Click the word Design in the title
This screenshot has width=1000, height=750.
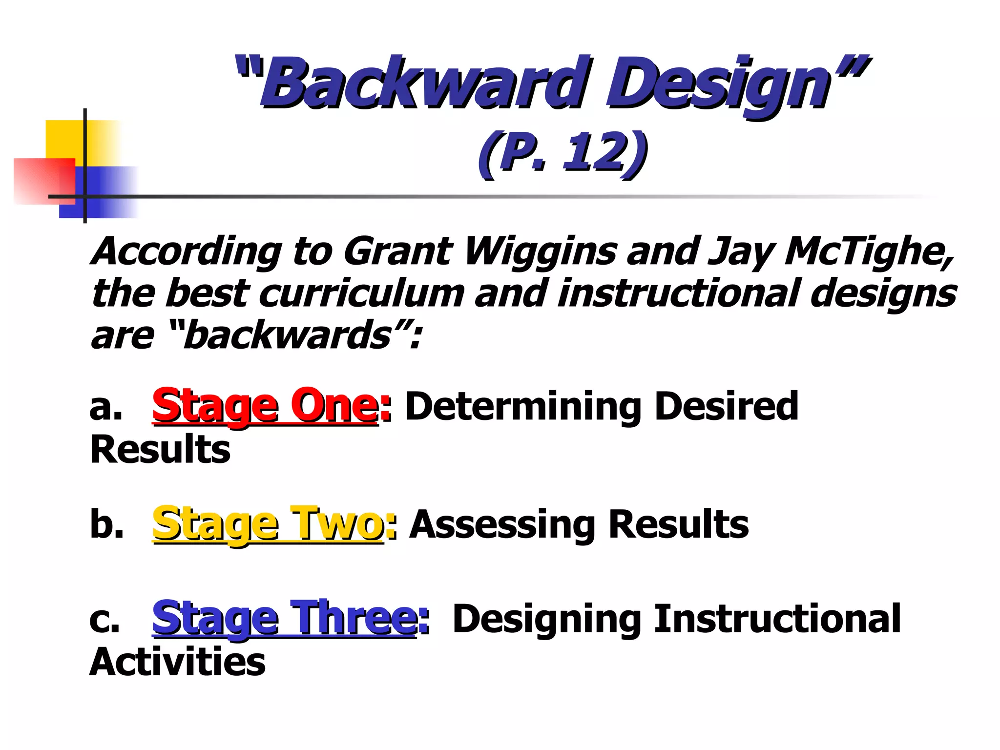(718, 83)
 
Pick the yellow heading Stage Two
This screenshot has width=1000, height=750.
(268, 524)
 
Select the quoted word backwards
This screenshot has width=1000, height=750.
(288, 336)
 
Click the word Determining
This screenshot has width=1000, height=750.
(522, 406)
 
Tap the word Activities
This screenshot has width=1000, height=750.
(178, 662)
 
